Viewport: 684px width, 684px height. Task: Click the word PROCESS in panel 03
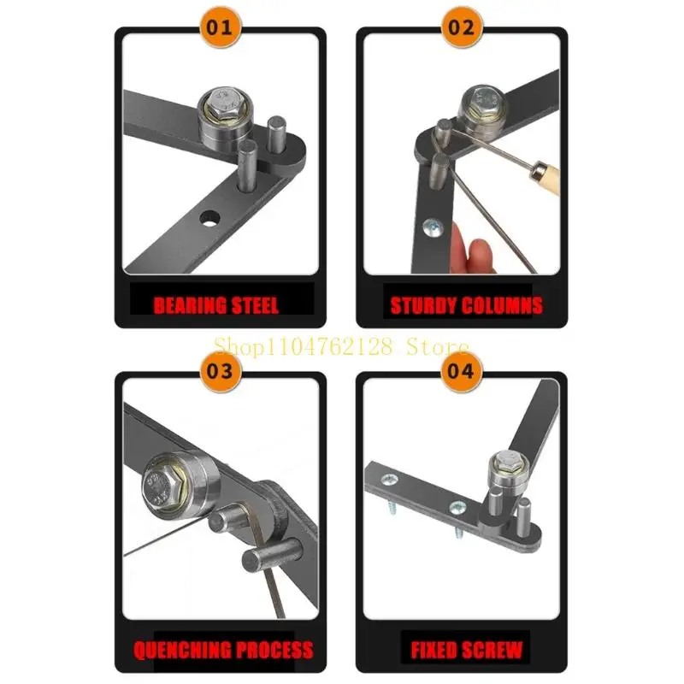click(x=275, y=650)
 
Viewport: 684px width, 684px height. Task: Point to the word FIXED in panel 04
click(x=435, y=650)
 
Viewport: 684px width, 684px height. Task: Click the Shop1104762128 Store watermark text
click(x=341, y=346)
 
